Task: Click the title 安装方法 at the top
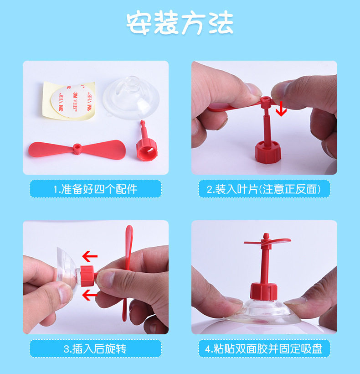180,23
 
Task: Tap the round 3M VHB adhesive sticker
72,101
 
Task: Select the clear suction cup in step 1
131,98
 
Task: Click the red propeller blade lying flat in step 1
77,150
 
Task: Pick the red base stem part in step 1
146,143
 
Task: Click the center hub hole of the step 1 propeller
77,148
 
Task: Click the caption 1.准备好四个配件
95,189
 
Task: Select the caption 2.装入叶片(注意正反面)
264,189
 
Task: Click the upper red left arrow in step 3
90,256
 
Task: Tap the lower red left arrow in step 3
90,295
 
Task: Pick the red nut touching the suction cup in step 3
87,276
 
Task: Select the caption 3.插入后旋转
95,349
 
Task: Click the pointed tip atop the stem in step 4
266,236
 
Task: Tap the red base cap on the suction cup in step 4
264,291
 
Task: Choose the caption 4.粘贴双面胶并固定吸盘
264,349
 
